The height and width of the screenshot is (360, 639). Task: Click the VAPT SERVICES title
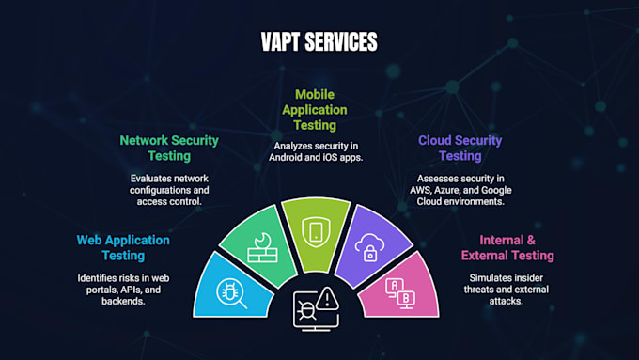[x=319, y=41]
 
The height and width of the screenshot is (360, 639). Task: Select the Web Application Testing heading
[x=123, y=247]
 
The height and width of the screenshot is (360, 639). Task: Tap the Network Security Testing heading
[x=169, y=148]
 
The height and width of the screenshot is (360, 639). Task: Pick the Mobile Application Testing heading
[x=315, y=110]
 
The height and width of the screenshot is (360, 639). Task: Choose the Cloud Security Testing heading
[x=460, y=148]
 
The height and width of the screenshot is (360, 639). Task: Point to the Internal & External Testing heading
[x=507, y=247]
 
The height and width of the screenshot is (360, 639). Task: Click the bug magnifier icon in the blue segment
[x=231, y=293]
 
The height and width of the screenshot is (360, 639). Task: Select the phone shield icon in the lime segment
[x=316, y=231]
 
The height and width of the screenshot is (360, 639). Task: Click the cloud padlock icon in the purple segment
[x=369, y=247]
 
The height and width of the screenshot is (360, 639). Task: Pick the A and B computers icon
[x=400, y=293]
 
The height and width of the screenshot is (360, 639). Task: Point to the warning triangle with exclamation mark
[x=327, y=299]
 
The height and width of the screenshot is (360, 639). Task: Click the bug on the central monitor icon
[x=305, y=310]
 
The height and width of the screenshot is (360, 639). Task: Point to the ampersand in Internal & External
[x=531, y=240]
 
